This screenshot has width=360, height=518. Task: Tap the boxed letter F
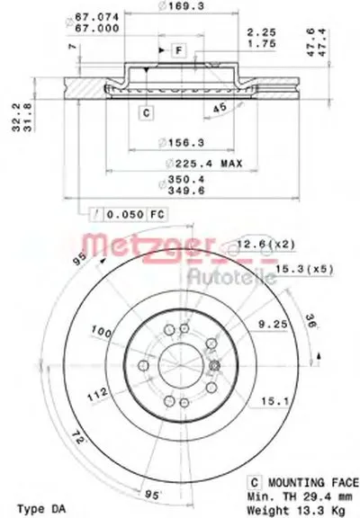[x=178, y=49]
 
